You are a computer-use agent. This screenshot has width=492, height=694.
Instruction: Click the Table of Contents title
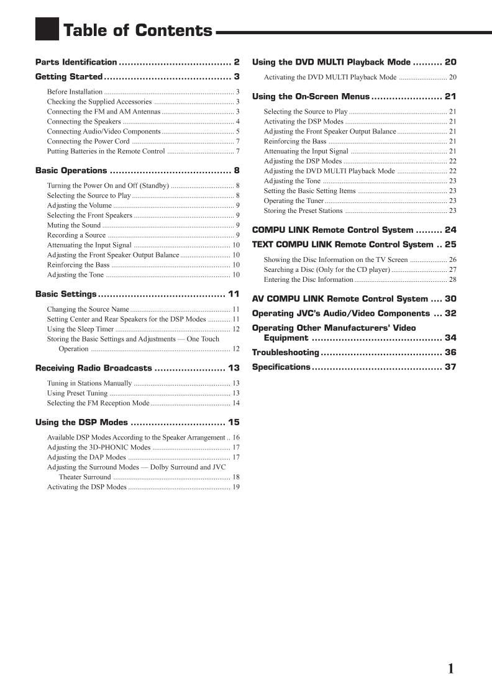coord(138,30)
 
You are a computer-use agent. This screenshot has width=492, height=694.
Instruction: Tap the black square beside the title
coord(47,29)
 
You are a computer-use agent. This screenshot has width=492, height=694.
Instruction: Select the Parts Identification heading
coord(76,62)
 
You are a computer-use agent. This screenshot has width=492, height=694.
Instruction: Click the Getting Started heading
coord(69,77)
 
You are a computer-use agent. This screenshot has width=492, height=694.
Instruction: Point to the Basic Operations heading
coord(71,171)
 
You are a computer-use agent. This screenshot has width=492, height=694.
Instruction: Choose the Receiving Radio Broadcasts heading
coord(94,368)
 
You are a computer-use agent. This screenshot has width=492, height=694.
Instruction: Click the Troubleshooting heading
coord(285,353)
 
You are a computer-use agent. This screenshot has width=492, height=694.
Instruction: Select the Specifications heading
coord(281,367)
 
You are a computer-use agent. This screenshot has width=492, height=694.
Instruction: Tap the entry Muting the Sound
coord(74,225)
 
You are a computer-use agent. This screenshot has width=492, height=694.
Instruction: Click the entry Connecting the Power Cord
coord(88,142)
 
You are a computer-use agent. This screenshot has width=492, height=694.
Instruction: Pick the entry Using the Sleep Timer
coord(81,329)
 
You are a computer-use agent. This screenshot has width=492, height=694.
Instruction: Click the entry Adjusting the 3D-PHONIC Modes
coord(99,447)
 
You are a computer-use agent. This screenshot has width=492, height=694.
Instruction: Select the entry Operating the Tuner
coord(294,201)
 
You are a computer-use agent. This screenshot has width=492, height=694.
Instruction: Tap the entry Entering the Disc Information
coord(308,279)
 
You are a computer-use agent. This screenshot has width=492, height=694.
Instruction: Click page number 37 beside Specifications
coord(450,367)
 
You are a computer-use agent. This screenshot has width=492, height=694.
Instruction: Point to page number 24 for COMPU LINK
coord(450,230)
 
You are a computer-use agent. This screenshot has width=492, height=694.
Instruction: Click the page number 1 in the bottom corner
coord(451,669)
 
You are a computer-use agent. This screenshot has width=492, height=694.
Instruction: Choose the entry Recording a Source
coord(76,235)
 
